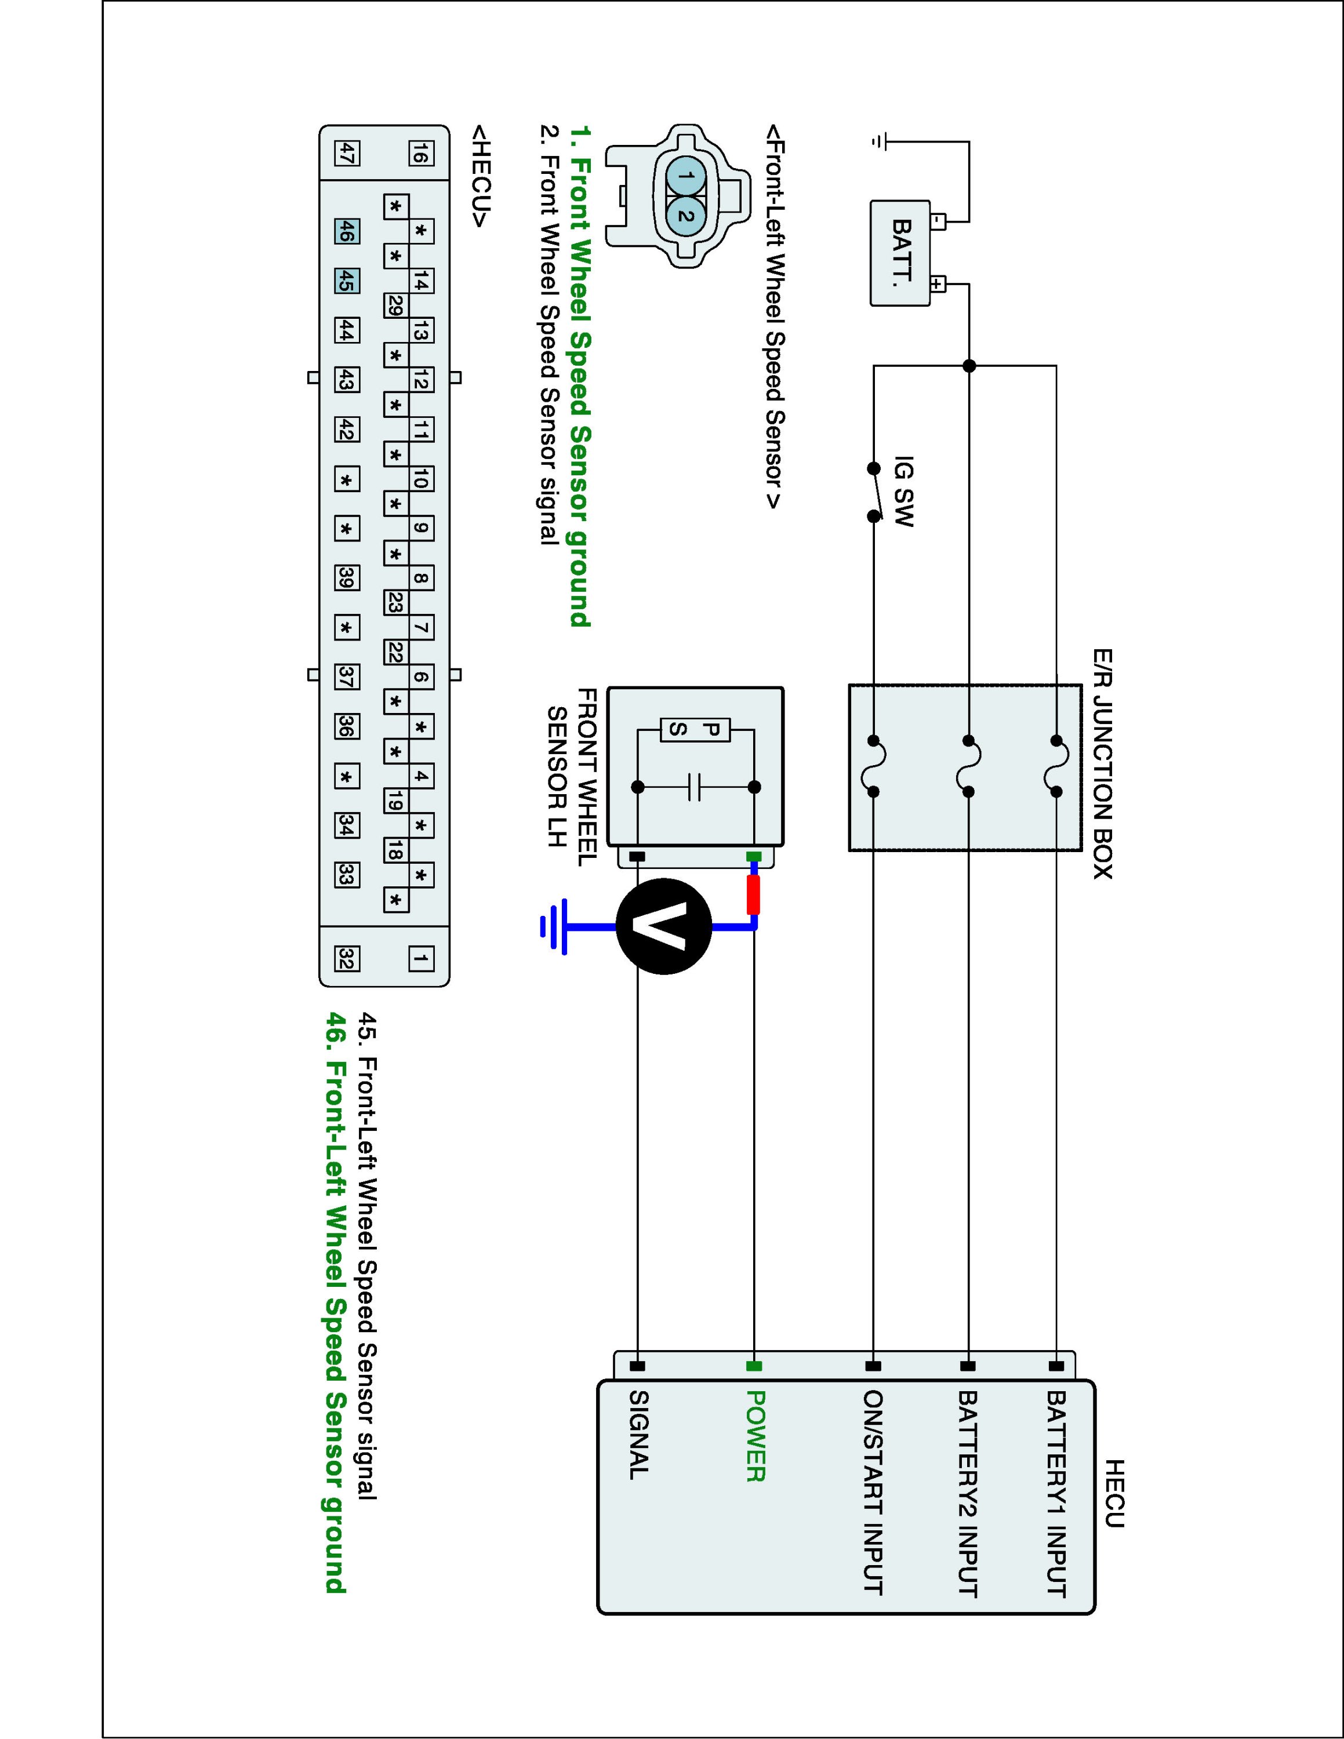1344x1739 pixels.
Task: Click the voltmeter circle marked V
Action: tap(663, 927)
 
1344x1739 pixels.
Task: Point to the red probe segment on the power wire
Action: tap(753, 895)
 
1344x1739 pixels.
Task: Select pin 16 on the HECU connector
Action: tap(421, 153)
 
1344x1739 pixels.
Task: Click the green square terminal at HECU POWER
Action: tap(754, 1366)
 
